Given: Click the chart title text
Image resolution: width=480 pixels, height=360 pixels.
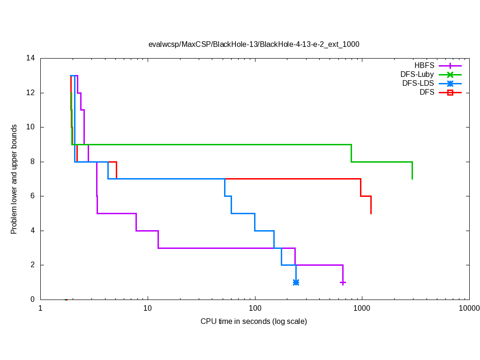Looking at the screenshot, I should click(x=254, y=45).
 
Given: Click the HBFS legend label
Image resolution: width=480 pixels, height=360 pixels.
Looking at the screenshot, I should click(x=424, y=66).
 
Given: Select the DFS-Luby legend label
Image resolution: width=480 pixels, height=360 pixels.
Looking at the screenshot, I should click(x=417, y=75).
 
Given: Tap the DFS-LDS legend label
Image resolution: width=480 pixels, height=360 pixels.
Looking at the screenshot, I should click(x=418, y=83).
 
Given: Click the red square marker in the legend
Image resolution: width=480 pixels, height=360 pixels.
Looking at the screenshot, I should click(x=450, y=92).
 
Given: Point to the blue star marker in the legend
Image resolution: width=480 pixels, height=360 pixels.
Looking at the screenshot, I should click(x=450, y=83).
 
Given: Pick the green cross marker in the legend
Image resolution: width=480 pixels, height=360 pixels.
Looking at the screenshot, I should click(x=450, y=75).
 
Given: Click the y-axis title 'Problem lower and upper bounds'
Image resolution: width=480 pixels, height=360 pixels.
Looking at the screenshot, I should click(x=15, y=179).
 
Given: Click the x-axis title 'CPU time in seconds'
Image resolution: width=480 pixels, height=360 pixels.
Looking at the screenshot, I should click(x=254, y=322).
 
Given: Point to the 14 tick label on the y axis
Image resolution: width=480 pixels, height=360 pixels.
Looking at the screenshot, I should click(x=30, y=59).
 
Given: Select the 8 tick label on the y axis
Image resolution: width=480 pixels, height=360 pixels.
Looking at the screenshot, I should click(x=32, y=162).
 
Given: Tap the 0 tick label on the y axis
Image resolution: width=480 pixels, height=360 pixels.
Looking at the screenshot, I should click(x=32, y=300).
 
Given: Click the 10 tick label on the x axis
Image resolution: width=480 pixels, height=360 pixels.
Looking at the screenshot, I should click(x=148, y=308).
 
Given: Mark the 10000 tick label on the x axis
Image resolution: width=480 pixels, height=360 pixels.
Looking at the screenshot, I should click(x=469, y=308).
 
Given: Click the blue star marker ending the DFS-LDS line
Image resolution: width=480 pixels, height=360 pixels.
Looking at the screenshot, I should click(x=296, y=282).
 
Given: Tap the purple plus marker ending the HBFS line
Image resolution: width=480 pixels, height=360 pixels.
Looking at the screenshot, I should click(x=343, y=283).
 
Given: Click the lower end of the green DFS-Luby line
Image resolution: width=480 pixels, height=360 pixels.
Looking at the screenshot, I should click(x=412, y=179).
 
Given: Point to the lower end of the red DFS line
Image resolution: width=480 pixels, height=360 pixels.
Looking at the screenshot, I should click(x=371, y=213).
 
